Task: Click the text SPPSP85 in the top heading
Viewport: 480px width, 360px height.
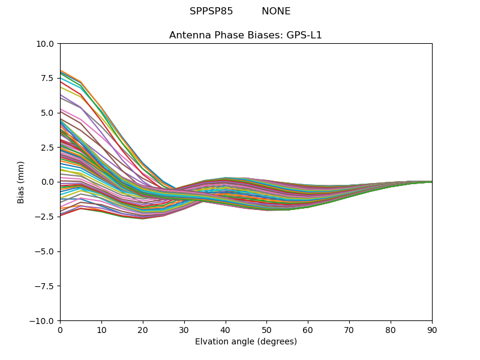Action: [x=211, y=11]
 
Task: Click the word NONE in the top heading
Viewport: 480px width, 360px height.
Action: [x=276, y=11]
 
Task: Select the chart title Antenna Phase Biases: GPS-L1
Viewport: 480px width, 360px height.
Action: [x=245, y=35]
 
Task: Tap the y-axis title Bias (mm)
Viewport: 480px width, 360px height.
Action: [x=21, y=182]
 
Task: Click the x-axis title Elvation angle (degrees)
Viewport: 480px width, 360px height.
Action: [x=245, y=342]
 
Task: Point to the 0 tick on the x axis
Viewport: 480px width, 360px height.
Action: [x=60, y=330]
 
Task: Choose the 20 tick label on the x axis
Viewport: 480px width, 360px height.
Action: [x=143, y=330]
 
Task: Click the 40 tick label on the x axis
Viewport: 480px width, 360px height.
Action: [x=225, y=330]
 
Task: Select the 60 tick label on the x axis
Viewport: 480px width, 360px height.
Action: [x=308, y=330]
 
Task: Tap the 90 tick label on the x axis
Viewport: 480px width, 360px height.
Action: [x=431, y=330]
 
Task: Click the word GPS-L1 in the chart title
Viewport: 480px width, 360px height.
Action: [x=304, y=35]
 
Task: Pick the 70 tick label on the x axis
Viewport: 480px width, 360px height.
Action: [x=349, y=330]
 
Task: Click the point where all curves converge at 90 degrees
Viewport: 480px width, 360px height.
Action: [x=431, y=182]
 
